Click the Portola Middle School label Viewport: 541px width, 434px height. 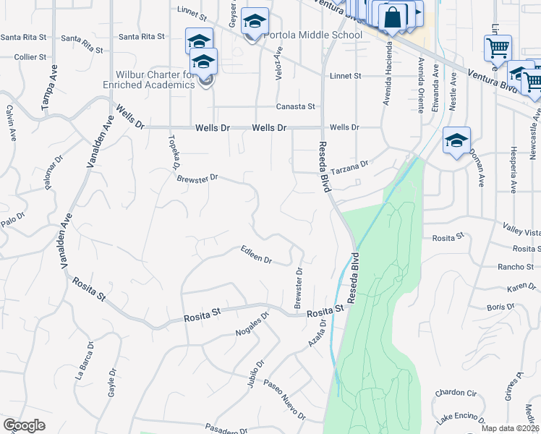[x=313, y=35]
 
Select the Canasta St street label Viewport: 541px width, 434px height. [x=295, y=106]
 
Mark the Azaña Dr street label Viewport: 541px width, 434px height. [x=317, y=333]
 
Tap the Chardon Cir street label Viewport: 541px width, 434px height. [x=456, y=393]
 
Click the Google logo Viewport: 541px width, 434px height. [x=24, y=425]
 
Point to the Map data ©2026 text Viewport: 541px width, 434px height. [x=509, y=428]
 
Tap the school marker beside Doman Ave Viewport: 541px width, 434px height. [x=456, y=142]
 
